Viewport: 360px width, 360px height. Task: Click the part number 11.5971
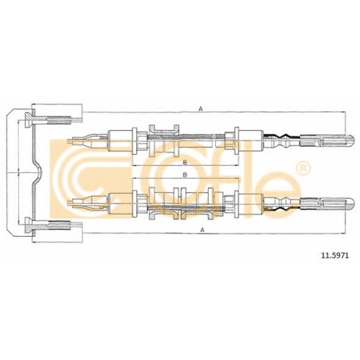click(x=335, y=256)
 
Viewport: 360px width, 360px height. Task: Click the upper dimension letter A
click(x=201, y=109)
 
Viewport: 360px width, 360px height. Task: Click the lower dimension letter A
click(x=202, y=230)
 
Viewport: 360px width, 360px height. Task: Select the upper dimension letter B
click(x=185, y=163)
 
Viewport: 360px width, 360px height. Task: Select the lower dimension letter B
click(x=185, y=175)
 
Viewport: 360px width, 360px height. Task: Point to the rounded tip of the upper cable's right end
click(x=354, y=140)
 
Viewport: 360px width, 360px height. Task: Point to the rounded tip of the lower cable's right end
click(x=354, y=204)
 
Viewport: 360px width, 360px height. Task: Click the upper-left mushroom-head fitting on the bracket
click(x=29, y=120)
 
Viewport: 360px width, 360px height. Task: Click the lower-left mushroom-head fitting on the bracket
click(x=29, y=225)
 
